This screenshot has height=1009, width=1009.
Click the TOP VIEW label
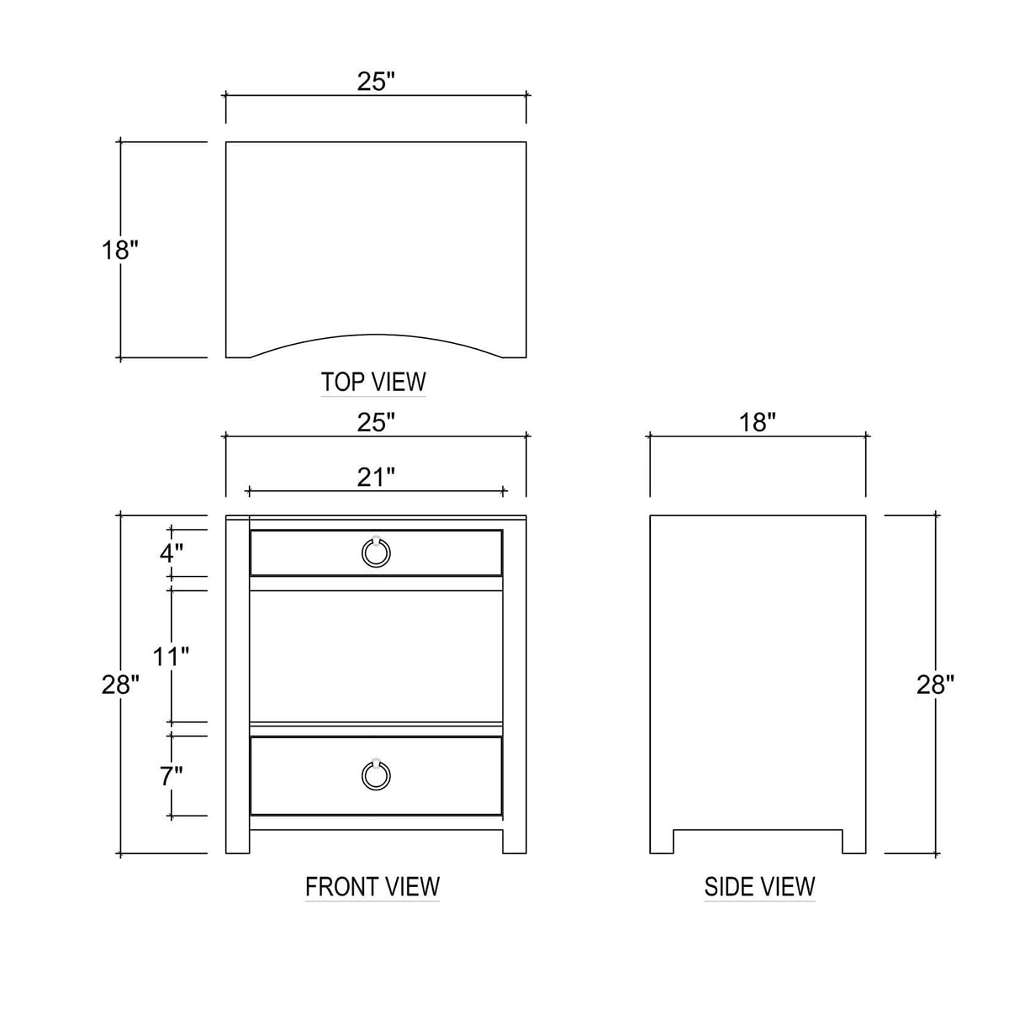coord(373,382)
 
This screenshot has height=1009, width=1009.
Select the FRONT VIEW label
coord(372,886)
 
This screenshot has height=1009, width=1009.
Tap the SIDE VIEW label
coord(759,886)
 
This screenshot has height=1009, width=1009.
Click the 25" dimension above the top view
coord(375,82)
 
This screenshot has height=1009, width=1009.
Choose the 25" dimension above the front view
coord(375,423)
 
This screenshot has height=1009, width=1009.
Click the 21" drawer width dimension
coord(375,478)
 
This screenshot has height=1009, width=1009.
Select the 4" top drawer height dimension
coord(171,553)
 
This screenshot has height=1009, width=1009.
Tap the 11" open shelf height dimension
coord(171,656)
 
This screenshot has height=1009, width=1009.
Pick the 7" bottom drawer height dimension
coord(171,776)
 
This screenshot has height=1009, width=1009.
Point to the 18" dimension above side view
coord(758,423)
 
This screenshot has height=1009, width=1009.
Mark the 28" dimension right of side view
coord(935,684)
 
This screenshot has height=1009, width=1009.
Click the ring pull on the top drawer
coord(376,552)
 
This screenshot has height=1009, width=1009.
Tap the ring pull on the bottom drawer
coord(376,774)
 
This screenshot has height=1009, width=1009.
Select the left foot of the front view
coord(238,842)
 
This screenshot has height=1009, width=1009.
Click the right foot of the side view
coord(854,842)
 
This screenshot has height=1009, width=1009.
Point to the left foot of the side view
coord(662,842)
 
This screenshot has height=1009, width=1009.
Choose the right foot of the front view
coord(515,842)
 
